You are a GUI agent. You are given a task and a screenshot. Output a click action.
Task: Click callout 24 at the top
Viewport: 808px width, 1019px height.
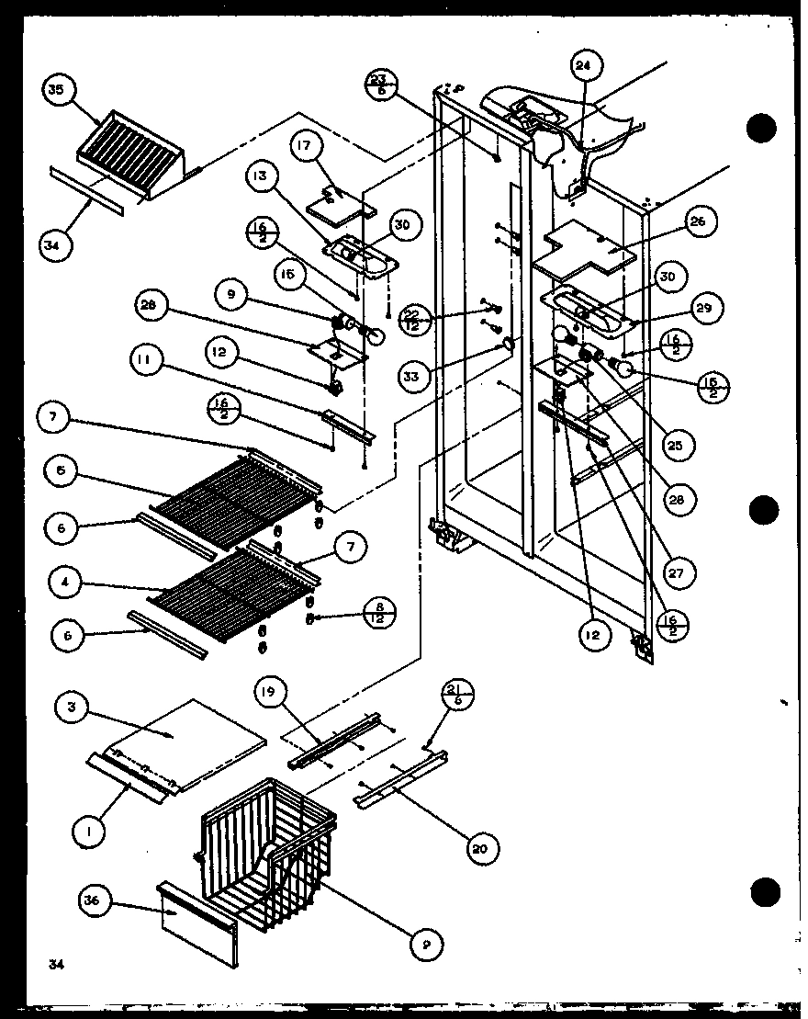(584, 66)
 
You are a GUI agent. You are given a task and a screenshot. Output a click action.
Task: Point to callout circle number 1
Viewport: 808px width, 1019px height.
(89, 833)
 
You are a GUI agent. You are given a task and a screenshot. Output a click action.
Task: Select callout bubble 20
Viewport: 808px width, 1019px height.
(478, 848)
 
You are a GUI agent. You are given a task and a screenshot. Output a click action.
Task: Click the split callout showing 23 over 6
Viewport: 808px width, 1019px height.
(380, 85)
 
